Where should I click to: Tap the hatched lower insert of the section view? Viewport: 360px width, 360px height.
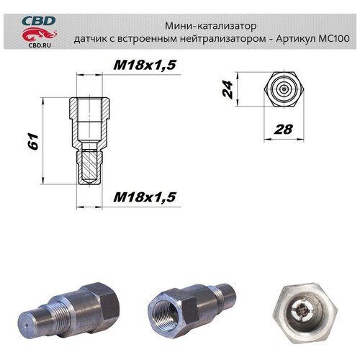point(89,164)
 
